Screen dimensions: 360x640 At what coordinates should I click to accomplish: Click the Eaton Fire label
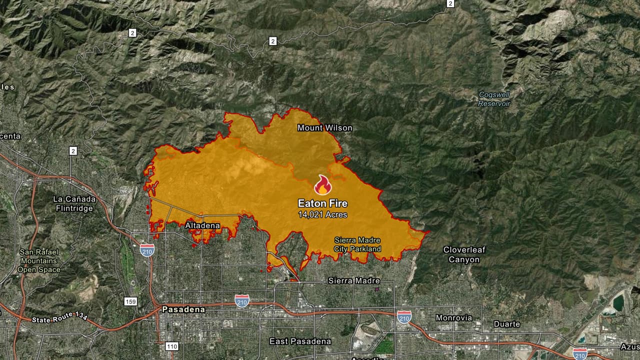(x=322, y=203)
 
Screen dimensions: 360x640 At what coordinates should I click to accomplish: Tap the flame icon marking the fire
(x=323, y=185)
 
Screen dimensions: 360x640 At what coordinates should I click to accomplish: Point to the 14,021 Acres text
(x=322, y=214)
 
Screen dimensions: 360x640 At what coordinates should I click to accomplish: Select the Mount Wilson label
(x=324, y=128)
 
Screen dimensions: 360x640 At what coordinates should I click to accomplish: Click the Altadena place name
(x=202, y=225)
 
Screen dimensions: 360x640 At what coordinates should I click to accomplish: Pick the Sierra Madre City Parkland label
(x=357, y=244)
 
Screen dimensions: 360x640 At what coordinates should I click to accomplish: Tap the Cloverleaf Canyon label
(x=464, y=254)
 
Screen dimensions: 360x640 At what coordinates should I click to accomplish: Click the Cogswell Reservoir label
(x=494, y=99)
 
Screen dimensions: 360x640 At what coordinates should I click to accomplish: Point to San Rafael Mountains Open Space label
(x=39, y=260)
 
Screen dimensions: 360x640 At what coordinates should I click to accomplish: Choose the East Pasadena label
(x=300, y=341)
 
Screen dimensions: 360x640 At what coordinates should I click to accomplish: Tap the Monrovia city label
(x=453, y=317)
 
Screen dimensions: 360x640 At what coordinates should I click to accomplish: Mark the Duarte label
(x=507, y=324)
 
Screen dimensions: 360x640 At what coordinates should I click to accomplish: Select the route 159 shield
(x=130, y=301)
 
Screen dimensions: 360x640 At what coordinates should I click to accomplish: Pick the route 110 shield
(x=171, y=346)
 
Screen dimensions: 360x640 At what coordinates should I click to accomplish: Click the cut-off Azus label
(x=630, y=346)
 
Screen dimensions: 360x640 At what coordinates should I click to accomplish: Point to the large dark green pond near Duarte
(x=618, y=302)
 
